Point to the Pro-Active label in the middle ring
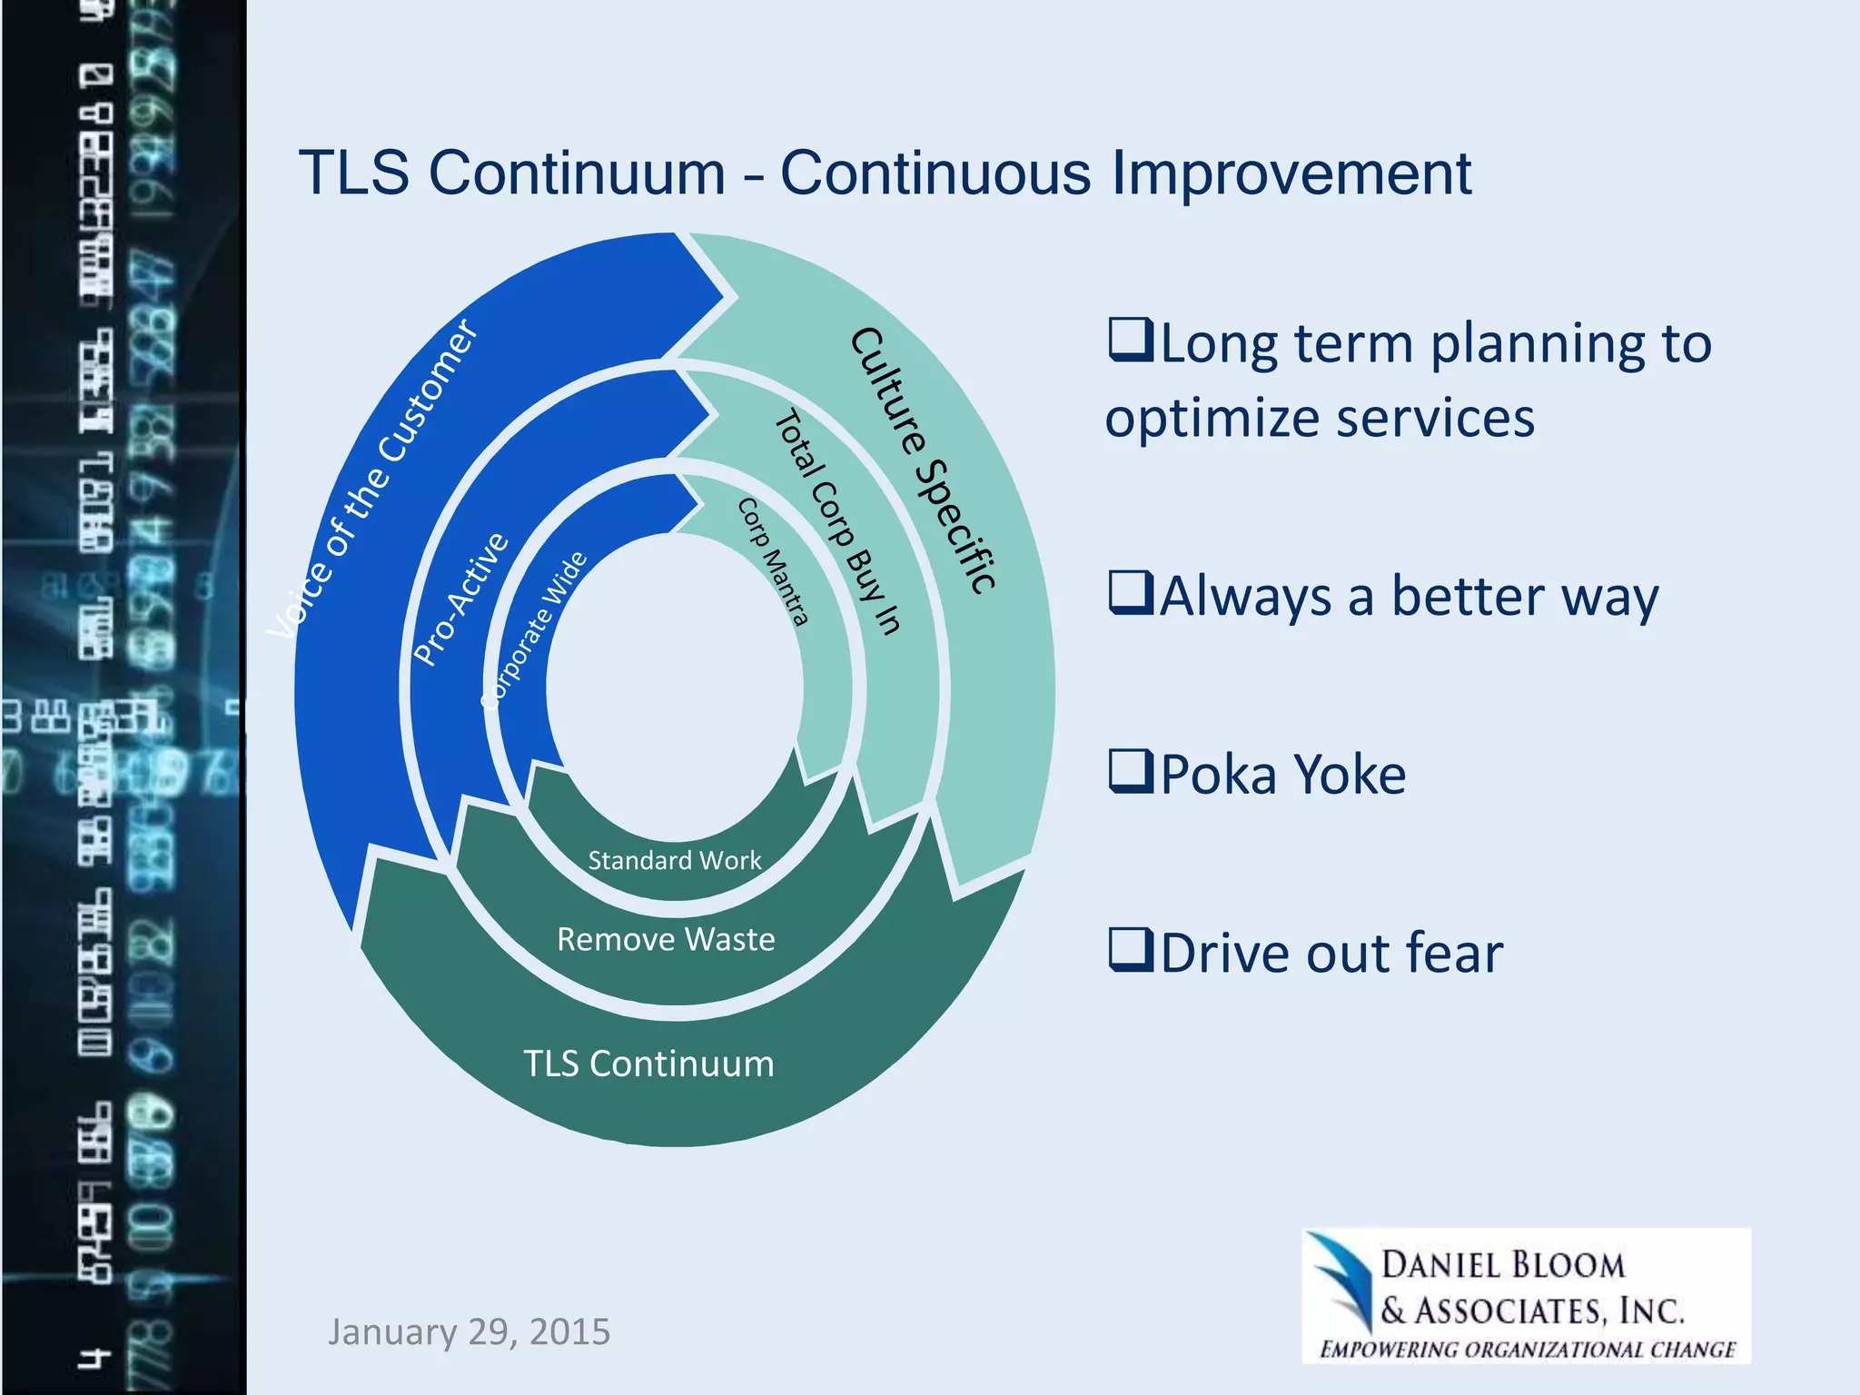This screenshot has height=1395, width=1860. [x=461, y=599]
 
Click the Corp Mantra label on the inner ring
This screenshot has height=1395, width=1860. [x=773, y=562]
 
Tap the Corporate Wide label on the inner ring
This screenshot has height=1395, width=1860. [x=535, y=630]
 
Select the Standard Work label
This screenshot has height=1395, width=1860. [x=674, y=860]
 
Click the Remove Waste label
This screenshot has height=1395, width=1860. [x=666, y=939]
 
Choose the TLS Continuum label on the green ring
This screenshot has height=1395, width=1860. [x=648, y=1064]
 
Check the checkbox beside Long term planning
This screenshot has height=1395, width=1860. [x=1131, y=341]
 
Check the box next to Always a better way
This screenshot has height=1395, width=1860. [x=1131, y=593]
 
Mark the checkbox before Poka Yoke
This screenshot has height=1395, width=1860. [x=1131, y=771]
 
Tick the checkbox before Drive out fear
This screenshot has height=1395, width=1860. [x=1131, y=950]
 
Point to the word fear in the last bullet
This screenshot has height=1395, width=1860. [x=1453, y=954]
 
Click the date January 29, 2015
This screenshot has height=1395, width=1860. [x=469, y=1331]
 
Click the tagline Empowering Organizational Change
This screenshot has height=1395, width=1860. [x=1527, y=1349]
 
